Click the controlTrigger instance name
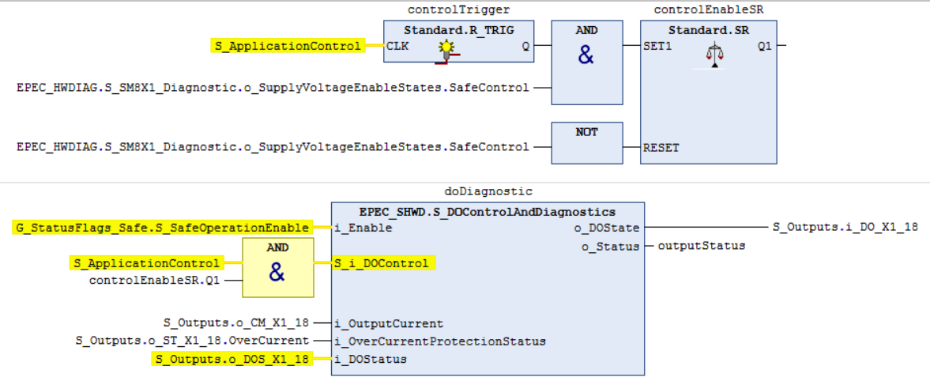pyautogui.click(x=459, y=10)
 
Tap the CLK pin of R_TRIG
pyautogui.click(x=396, y=46)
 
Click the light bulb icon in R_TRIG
pyautogui.click(x=446, y=48)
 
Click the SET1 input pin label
pyautogui.click(x=657, y=46)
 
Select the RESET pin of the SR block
pyautogui.click(x=661, y=148)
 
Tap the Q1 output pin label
pyautogui.click(x=764, y=46)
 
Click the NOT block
pyautogui.click(x=587, y=143)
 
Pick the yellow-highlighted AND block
pyautogui.click(x=277, y=268)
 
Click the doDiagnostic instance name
pyautogui.click(x=489, y=192)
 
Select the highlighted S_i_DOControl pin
pyautogui.click(x=381, y=263)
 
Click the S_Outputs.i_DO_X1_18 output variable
pyautogui.click(x=845, y=228)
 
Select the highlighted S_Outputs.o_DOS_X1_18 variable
pyautogui.click(x=232, y=359)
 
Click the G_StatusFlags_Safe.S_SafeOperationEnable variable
pyautogui.click(x=161, y=228)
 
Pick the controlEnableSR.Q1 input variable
pyautogui.click(x=154, y=280)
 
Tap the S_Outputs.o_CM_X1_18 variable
pyautogui.click(x=236, y=323)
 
